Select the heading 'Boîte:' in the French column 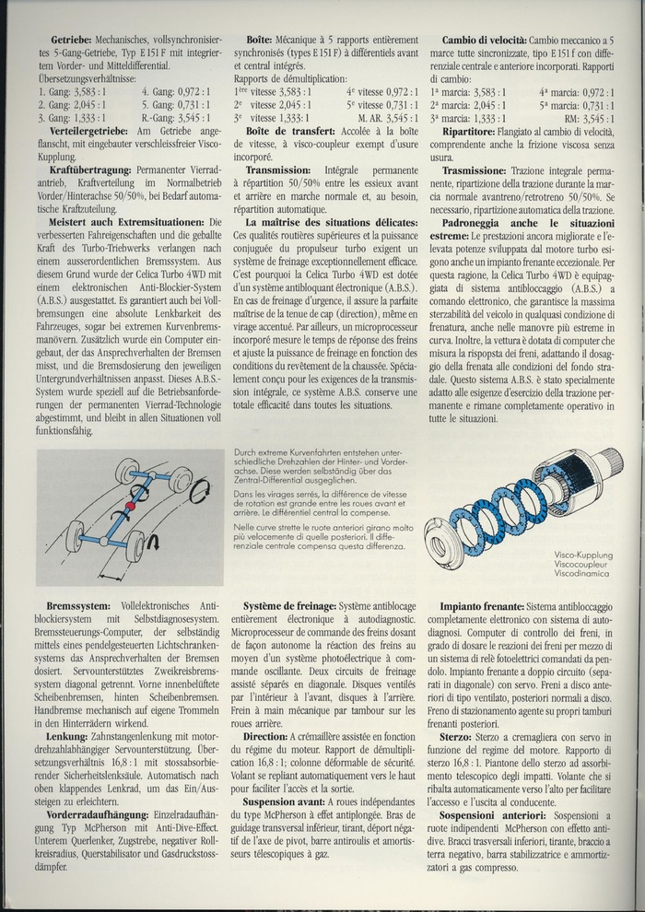click(269, 41)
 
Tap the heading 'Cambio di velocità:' click(485, 41)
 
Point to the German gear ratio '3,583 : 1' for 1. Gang click(88, 92)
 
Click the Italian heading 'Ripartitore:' click(476, 132)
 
